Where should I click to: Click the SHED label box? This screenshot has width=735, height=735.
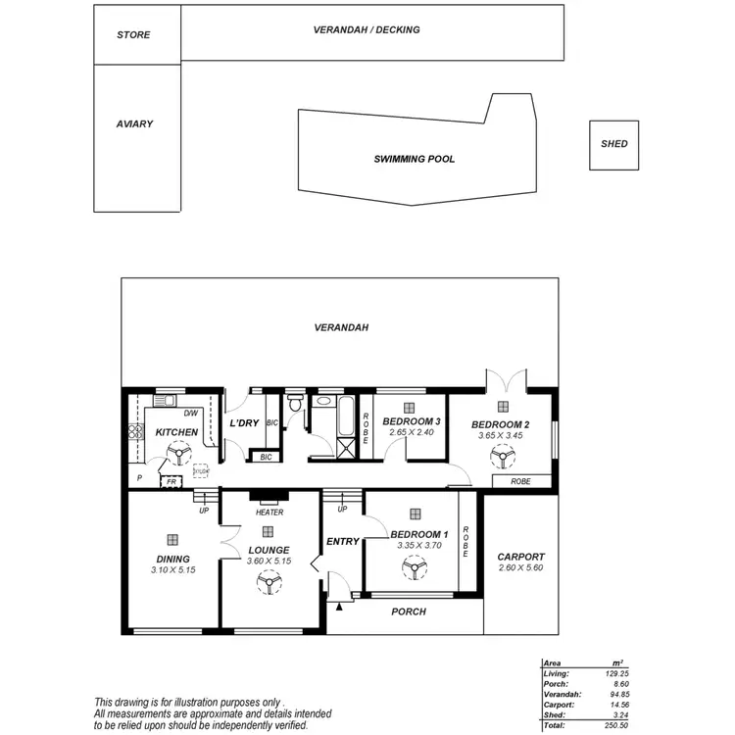(613, 144)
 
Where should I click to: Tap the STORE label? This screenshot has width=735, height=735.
(133, 35)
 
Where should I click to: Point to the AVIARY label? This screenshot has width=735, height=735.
(134, 124)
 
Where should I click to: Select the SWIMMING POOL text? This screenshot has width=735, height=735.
(414, 159)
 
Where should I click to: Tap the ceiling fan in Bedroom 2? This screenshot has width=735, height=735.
(502, 456)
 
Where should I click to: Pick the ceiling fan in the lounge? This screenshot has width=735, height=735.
(267, 582)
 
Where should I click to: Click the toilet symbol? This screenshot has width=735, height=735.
(295, 406)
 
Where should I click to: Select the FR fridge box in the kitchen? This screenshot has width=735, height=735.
(171, 482)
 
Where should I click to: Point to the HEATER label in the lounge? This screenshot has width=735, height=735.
(269, 513)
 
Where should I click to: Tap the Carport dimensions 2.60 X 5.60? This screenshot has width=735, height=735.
(520, 568)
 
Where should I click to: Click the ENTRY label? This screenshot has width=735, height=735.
(342, 541)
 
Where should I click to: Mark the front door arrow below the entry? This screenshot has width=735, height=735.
(339, 608)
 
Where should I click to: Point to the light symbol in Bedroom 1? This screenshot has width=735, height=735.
(416, 513)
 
